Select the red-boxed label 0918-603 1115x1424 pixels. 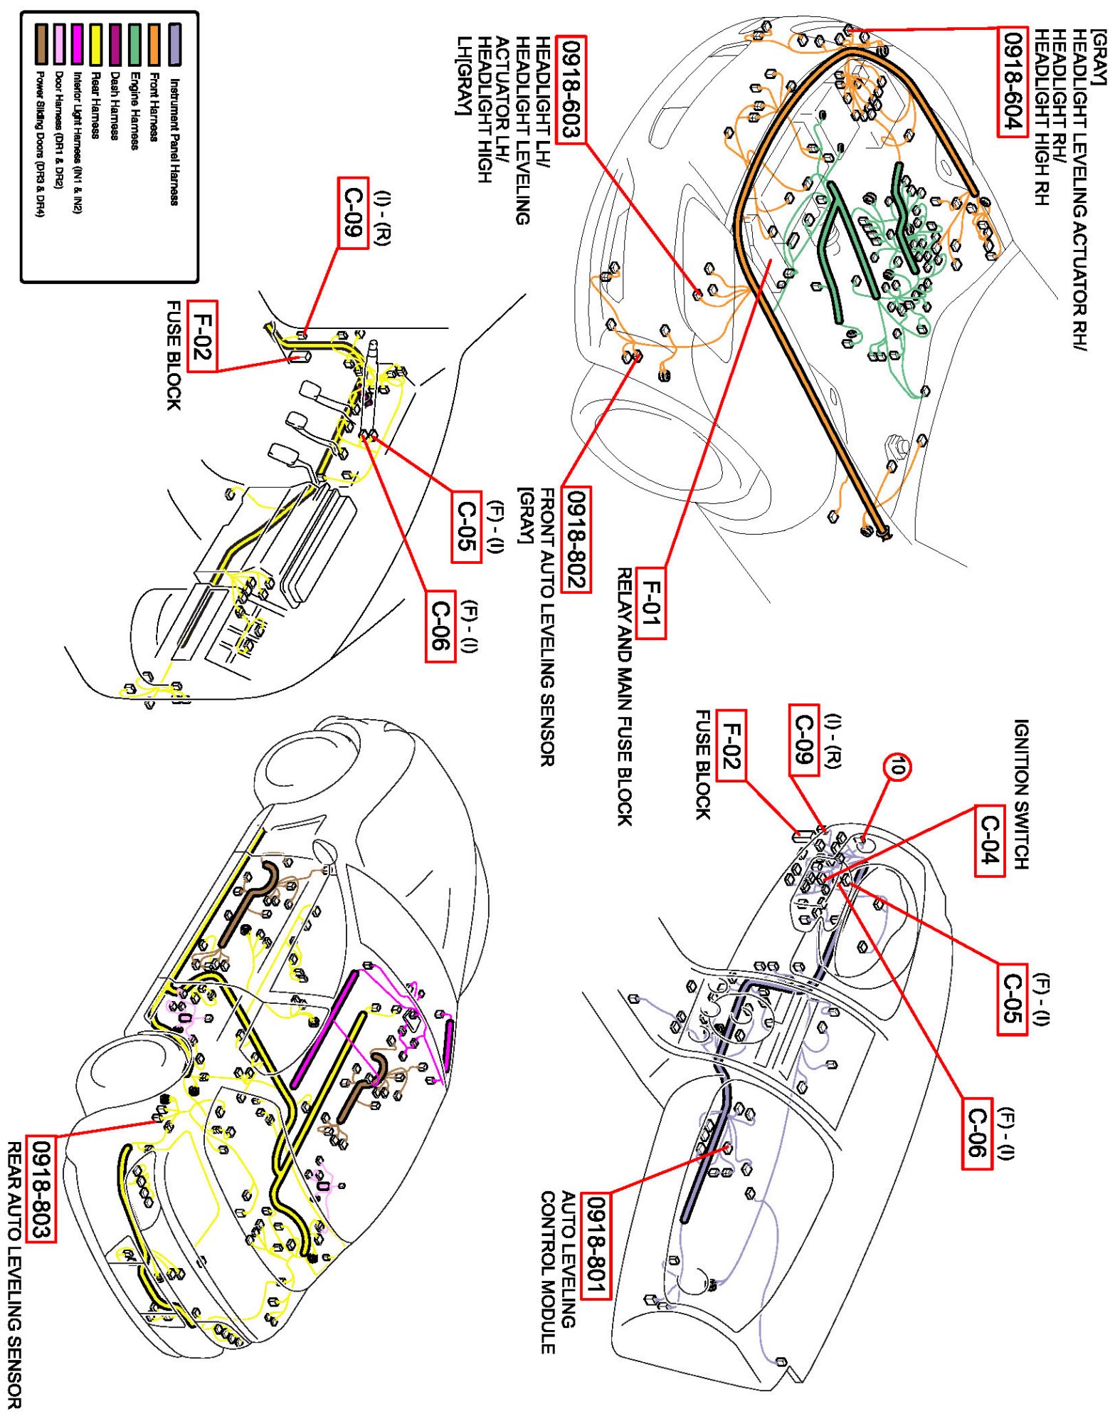tap(571, 90)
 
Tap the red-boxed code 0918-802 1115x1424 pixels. tap(576, 539)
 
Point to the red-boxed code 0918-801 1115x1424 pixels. tap(596, 1246)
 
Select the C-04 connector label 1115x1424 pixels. tap(990, 840)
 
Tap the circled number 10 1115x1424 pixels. tap(897, 767)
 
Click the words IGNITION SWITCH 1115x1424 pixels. tap(1022, 794)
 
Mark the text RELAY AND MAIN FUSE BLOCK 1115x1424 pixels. tap(624, 696)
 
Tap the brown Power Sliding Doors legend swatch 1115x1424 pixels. tap(41, 44)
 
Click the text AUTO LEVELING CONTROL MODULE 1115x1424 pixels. tap(558, 1271)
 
